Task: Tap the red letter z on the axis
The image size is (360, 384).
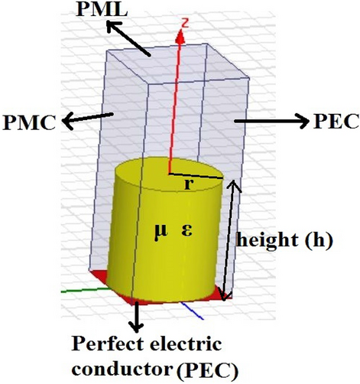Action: (x=183, y=31)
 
